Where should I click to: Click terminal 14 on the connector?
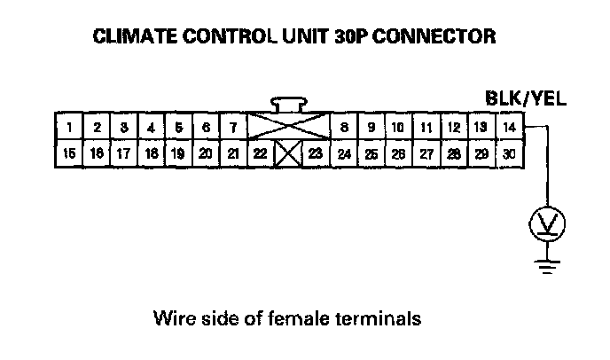509,128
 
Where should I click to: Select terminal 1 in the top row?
69,128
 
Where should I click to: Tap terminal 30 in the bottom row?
509,153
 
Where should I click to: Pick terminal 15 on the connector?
69,153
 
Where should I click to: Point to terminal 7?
233,128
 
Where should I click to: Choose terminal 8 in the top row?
344,128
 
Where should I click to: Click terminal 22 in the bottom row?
260,153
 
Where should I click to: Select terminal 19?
178,153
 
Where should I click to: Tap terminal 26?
399,153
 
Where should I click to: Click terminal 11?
426,128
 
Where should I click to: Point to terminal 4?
152,128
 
